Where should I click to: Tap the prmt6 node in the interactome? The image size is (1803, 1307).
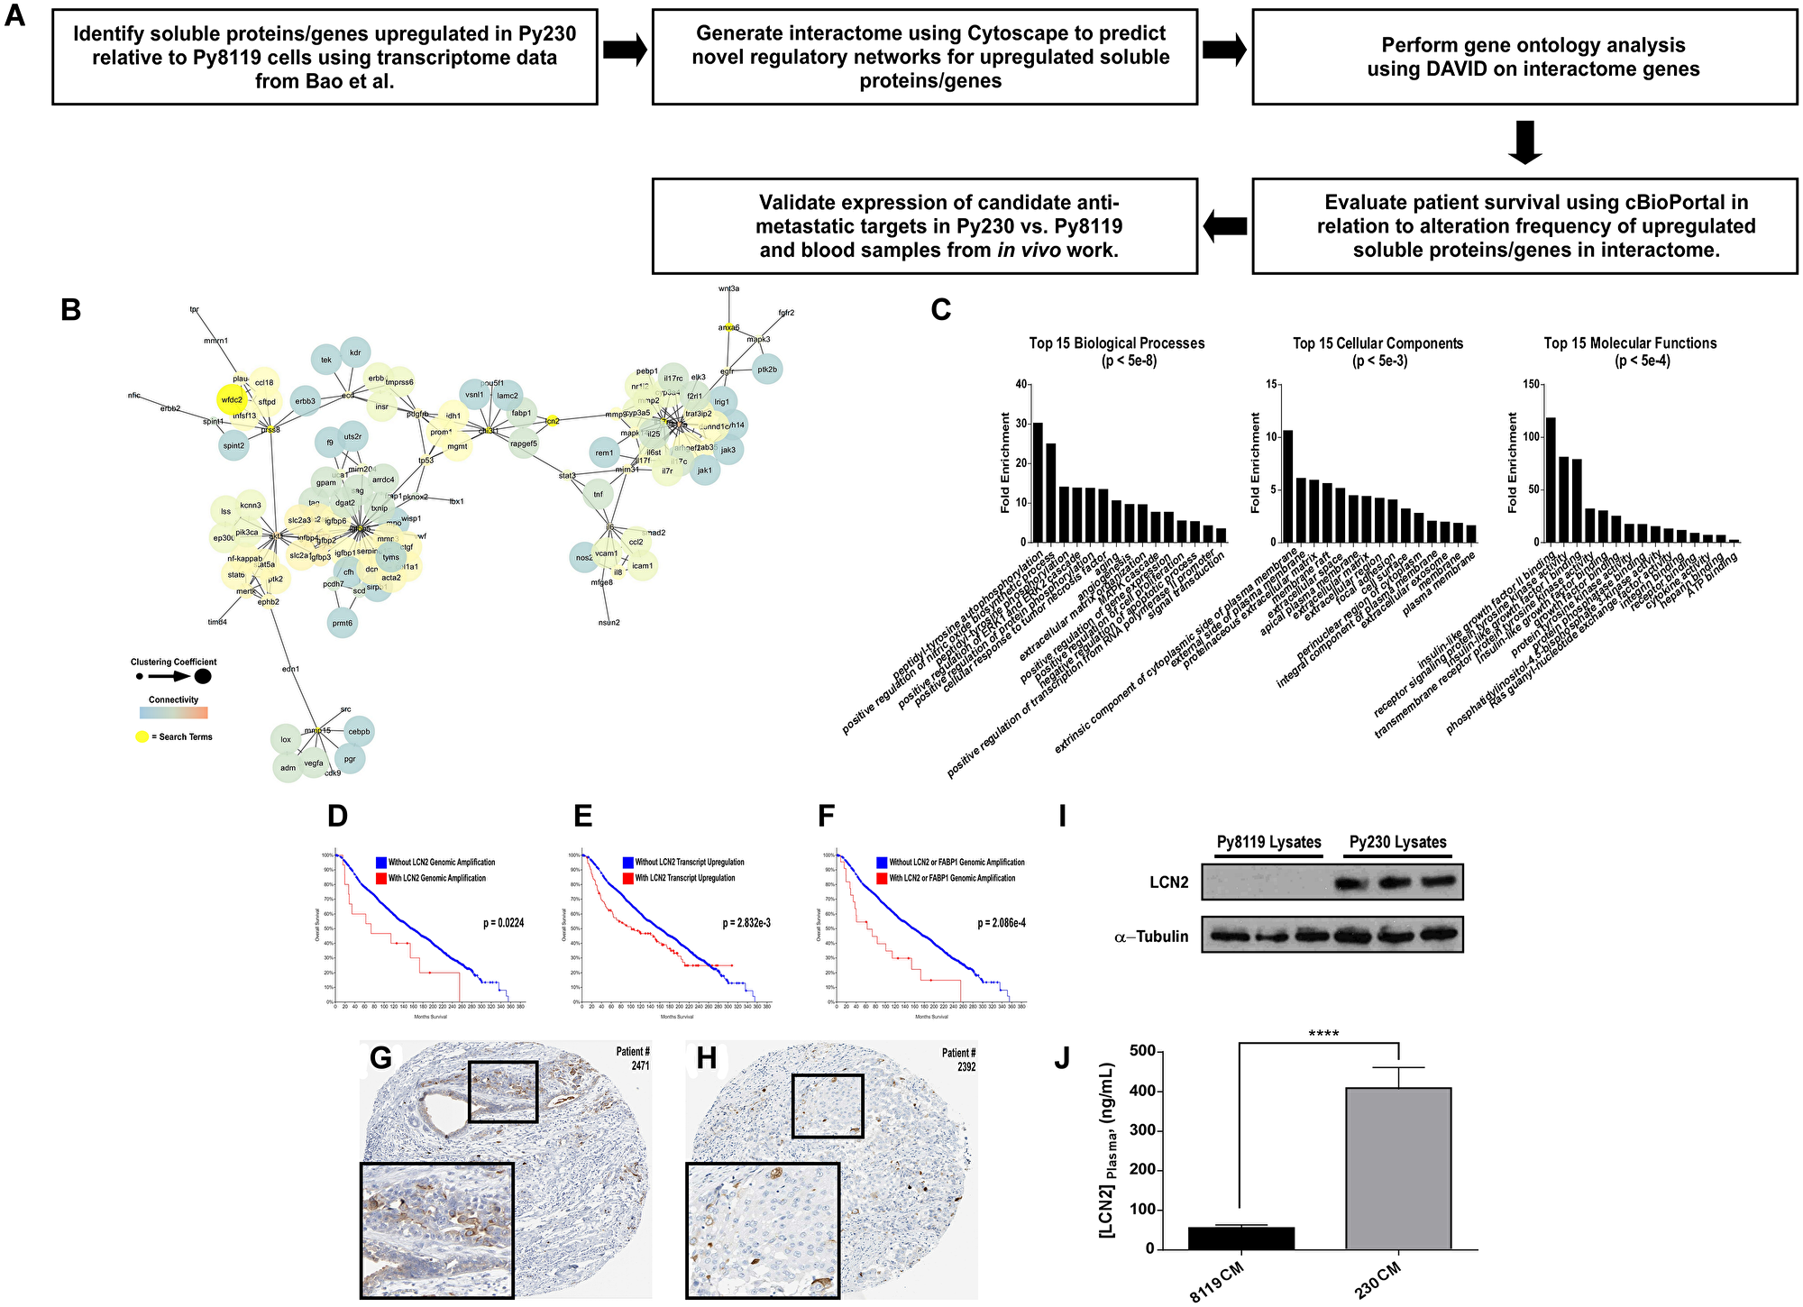click(x=342, y=623)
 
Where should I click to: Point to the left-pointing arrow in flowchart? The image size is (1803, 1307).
click(x=1224, y=226)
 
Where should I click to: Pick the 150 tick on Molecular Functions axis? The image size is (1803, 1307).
click(x=1529, y=385)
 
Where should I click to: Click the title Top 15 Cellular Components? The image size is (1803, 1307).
click(x=1377, y=343)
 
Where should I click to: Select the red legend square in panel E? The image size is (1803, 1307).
click(x=627, y=878)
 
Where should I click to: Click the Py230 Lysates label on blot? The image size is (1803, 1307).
click(x=1397, y=842)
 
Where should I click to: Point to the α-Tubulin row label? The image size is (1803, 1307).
click(x=1151, y=937)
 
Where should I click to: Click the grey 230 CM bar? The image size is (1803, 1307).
click(x=1398, y=1168)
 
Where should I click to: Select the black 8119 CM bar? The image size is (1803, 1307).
click(x=1240, y=1238)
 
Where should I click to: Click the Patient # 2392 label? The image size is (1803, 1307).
click(x=958, y=1059)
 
